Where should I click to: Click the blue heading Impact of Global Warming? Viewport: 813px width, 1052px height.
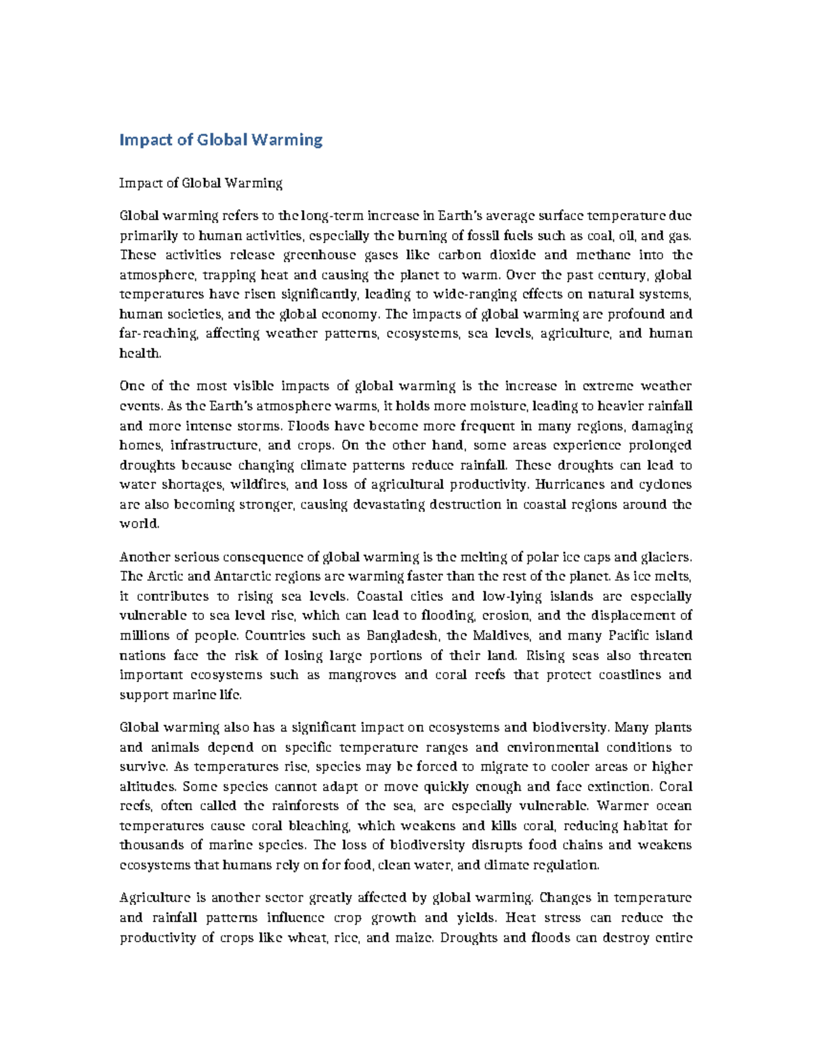[221, 140]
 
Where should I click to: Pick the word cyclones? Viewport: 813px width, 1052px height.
[667, 484]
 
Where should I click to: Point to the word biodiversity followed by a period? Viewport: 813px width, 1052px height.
[569, 728]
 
